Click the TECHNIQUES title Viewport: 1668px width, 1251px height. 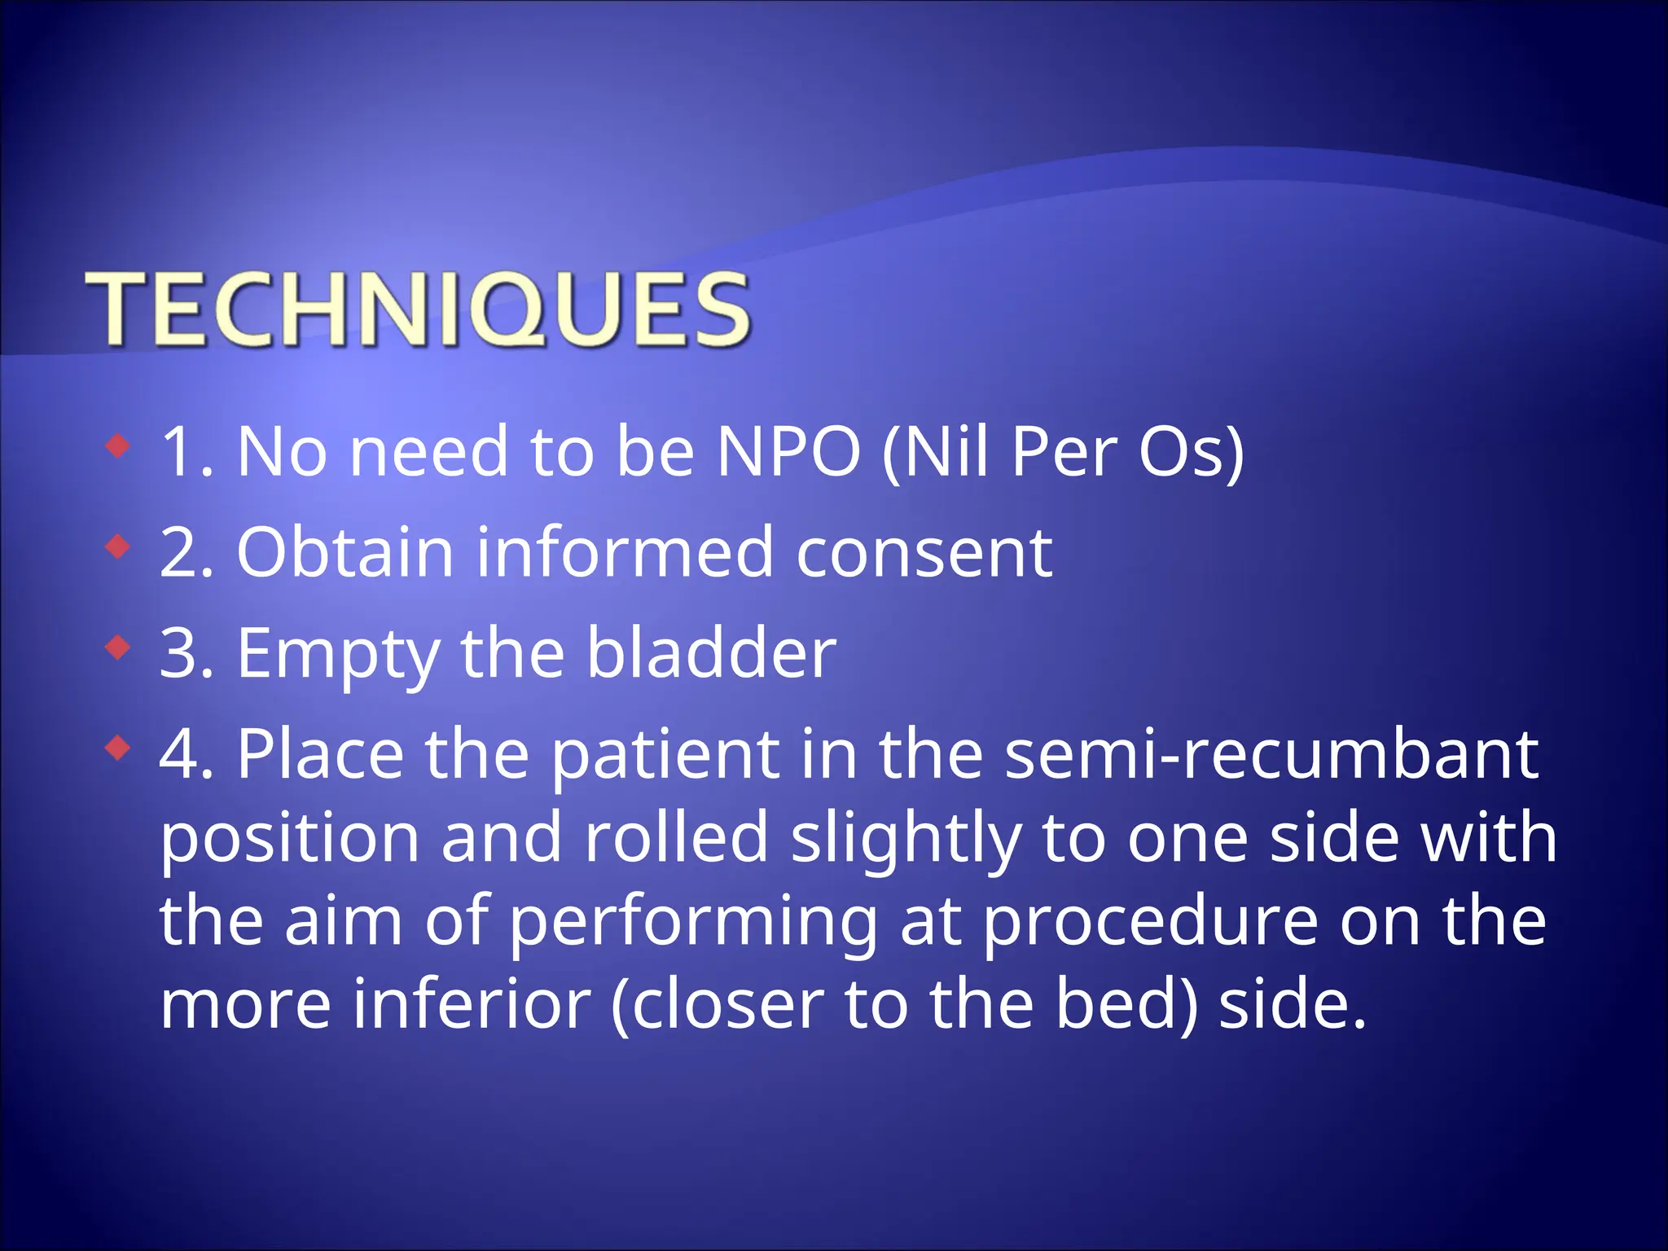pos(417,310)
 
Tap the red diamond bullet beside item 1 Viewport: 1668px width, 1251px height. pos(119,446)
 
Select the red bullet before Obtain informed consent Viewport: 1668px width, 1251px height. pos(119,547)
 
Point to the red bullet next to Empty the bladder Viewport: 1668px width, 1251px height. pos(119,648)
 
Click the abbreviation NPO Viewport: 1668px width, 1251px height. pos(788,452)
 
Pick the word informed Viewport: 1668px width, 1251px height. pos(624,553)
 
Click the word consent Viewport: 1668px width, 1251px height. pos(924,553)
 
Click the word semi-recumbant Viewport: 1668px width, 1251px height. pos(1271,755)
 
